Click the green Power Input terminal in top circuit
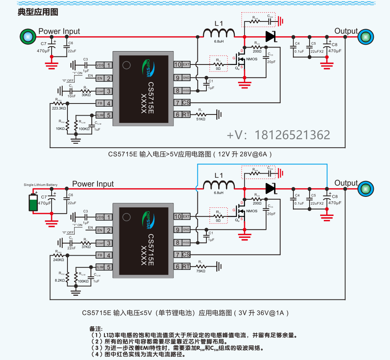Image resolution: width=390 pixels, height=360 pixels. (x=27, y=37)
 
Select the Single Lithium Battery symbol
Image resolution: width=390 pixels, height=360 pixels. (x=33, y=202)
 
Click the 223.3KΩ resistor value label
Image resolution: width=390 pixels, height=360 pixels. (x=59, y=108)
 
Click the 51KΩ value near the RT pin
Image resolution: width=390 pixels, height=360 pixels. (x=201, y=119)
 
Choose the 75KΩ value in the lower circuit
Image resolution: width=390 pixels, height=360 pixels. (x=201, y=271)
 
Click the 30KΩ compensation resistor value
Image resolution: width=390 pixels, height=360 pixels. (x=86, y=95)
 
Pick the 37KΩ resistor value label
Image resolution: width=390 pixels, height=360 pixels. (x=86, y=247)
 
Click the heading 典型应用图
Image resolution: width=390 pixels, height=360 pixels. (x=38, y=12)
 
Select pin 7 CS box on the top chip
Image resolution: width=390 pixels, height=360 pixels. (x=182, y=103)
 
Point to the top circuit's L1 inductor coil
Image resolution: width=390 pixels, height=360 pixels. (x=219, y=33)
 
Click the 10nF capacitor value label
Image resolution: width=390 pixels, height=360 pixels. (x=71, y=97)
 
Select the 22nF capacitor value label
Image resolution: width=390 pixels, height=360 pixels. (x=71, y=248)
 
